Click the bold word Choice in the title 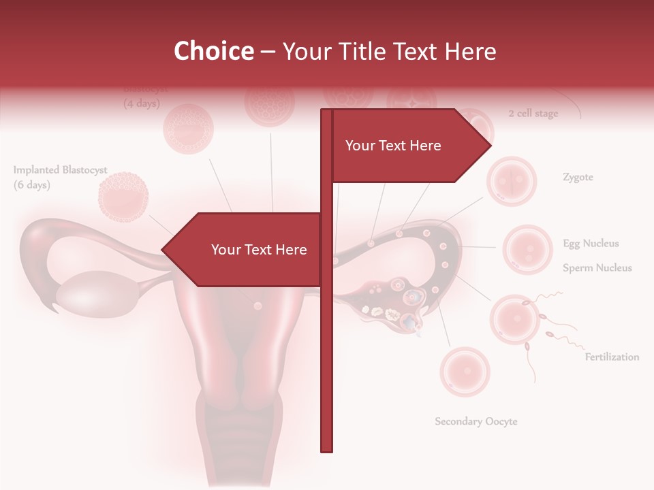(213, 51)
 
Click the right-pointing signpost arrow (409, 146)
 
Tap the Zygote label (578, 178)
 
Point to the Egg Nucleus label (591, 244)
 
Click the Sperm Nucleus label (597, 268)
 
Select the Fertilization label (612, 357)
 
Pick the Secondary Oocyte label (476, 421)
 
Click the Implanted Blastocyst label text (60, 170)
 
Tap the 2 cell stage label (533, 114)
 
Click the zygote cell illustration (511, 181)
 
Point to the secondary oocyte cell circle (465, 372)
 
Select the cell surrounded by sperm (516, 319)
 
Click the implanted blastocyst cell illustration (123, 198)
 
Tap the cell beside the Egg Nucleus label (527, 249)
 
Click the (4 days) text (142, 104)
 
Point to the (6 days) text (32, 185)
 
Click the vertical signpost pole (326, 340)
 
